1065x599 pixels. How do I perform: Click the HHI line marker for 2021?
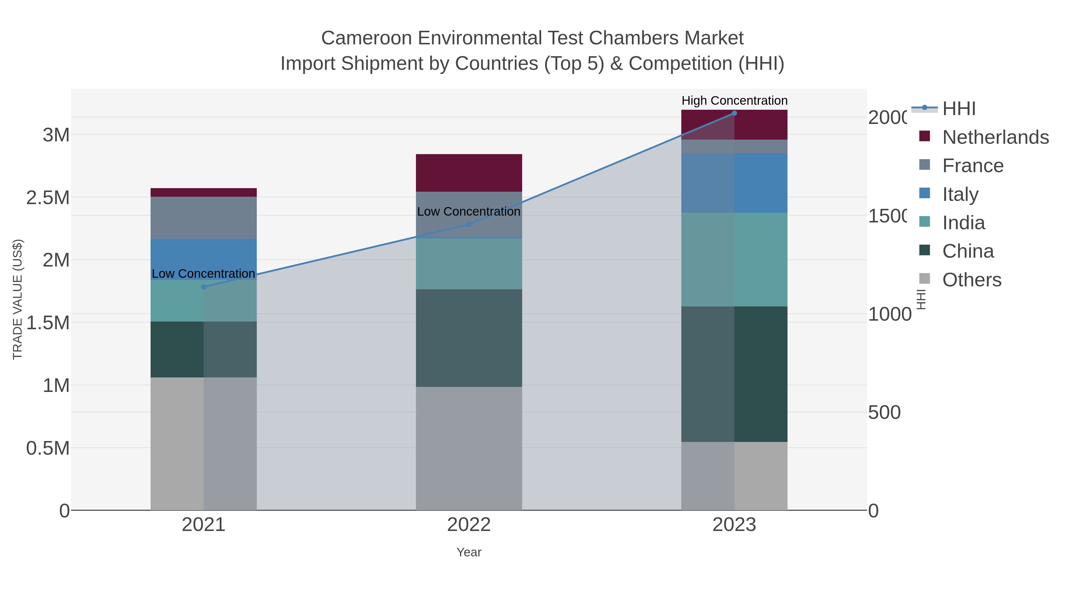[x=204, y=287]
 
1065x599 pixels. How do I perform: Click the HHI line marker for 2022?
[x=469, y=225]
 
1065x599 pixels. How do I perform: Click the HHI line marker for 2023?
[x=734, y=113]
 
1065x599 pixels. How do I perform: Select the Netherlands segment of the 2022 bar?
[x=469, y=173]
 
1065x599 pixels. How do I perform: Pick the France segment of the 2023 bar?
[x=734, y=146]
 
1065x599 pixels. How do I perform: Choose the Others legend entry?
[x=972, y=280]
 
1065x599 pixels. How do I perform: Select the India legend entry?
[x=963, y=223]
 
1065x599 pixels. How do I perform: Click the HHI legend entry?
[x=959, y=109]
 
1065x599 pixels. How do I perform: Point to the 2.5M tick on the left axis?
[x=48, y=198]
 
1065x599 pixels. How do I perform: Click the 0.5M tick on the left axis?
[x=48, y=448]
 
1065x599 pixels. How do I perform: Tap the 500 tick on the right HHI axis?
[x=884, y=413]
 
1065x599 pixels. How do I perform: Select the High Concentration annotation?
[x=734, y=101]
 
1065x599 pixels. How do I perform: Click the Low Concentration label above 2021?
[x=204, y=274]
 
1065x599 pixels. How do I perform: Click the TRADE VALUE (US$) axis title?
[x=17, y=299]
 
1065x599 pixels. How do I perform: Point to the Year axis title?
[x=469, y=552]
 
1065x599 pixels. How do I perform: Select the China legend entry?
[x=967, y=251]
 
